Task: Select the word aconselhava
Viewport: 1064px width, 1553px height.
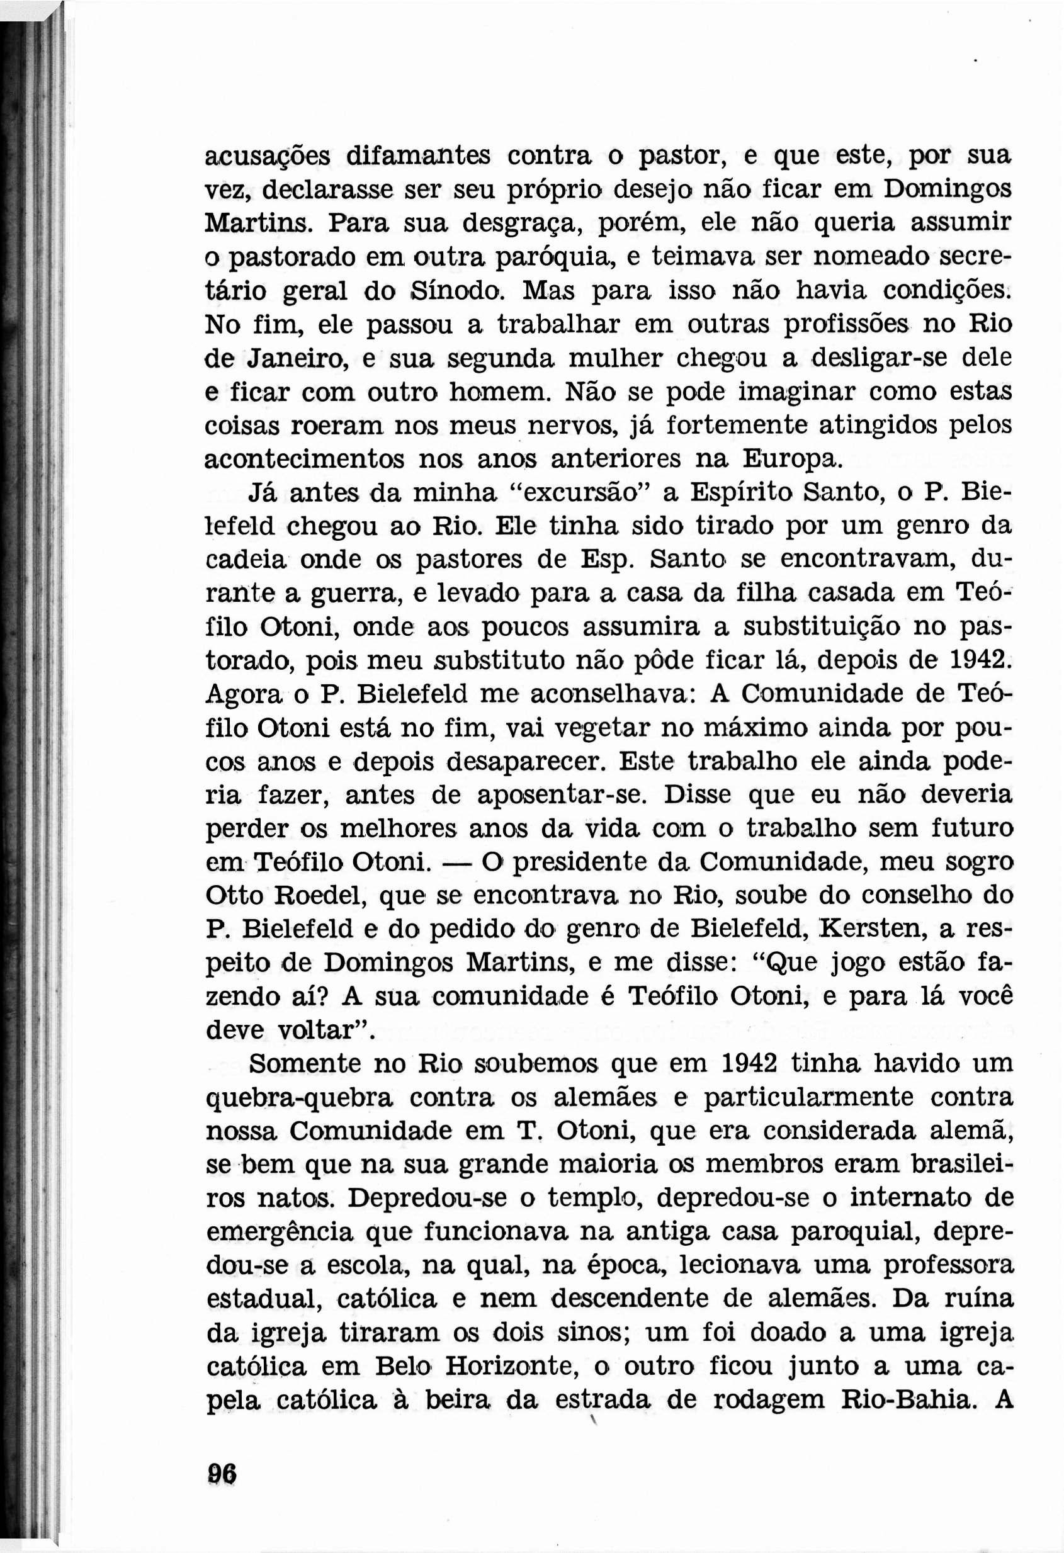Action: click(x=614, y=694)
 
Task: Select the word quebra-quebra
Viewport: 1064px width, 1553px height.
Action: click(x=300, y=1098)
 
